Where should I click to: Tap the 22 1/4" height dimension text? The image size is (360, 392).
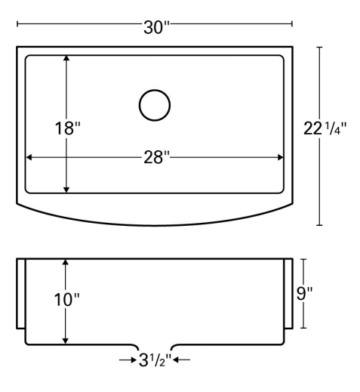pos(325,128)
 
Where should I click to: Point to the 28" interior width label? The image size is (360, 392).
pos(156,157)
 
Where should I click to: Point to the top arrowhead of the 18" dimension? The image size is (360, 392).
pos(67,59)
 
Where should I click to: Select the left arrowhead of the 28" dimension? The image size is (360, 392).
pos(31,157)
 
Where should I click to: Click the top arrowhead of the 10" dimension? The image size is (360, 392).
pos(67,262)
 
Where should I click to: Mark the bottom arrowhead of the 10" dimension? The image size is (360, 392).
pos(67,338)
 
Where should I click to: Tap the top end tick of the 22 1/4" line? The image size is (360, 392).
pos(321,47)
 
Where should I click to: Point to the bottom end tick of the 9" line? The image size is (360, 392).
pos(303,328)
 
